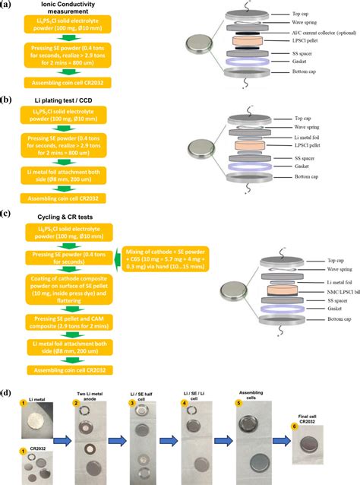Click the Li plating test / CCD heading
pyautogui.click(x=62, y=112)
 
